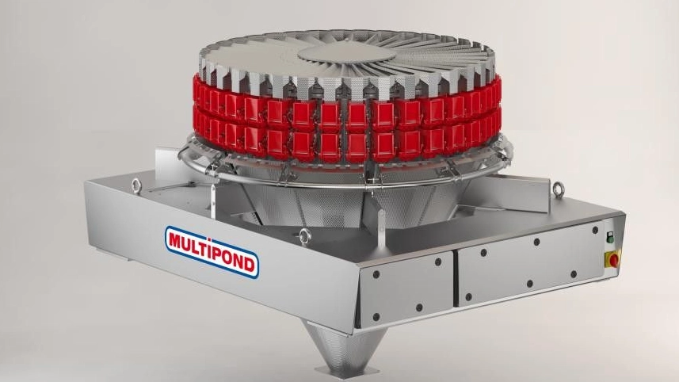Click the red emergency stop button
coord(613,259)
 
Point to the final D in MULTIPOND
coord(250,265)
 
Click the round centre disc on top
coord(346,53)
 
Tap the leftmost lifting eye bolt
coord(136,185)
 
